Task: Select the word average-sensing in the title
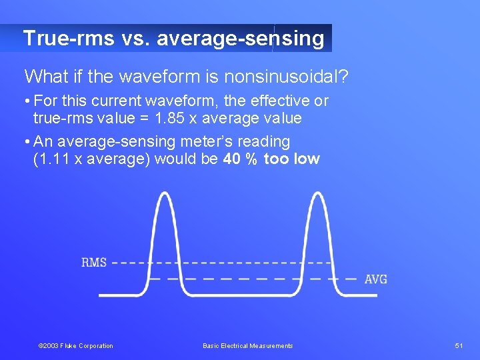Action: click(240, 38)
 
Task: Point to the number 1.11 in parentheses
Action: click(53, 159)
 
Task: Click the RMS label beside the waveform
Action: click(94, 263)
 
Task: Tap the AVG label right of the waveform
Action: click(375, 279)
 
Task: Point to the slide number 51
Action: click(459, 345)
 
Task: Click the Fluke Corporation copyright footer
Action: click(76, 345)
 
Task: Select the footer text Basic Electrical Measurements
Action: click(247, 345)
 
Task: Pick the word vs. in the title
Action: click(136, 38)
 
